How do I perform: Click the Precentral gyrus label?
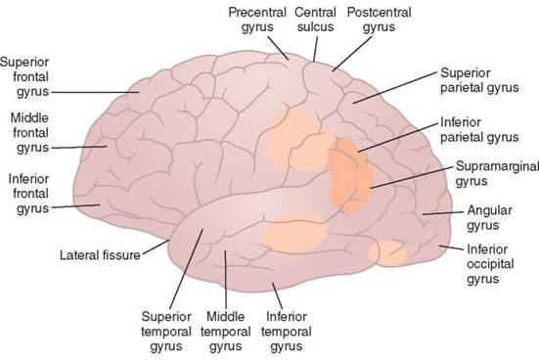257,20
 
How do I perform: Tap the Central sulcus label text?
315,20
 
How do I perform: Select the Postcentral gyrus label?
380,20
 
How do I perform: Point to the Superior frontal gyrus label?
24,77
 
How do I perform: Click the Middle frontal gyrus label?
29,133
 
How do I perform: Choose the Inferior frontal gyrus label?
28,194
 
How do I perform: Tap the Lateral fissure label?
100,255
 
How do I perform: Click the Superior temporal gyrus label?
166,332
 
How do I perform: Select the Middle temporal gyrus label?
226,332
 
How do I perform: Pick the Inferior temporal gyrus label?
287,332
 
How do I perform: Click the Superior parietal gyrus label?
479,80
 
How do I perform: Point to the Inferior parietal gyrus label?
479,130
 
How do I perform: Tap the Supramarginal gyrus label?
497,173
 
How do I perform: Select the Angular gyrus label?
489,217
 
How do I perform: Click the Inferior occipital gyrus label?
490,264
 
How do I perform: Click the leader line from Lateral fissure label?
156,247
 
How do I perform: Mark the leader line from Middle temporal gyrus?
226,279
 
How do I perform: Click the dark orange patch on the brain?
350,175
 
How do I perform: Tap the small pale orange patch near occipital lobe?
388,253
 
